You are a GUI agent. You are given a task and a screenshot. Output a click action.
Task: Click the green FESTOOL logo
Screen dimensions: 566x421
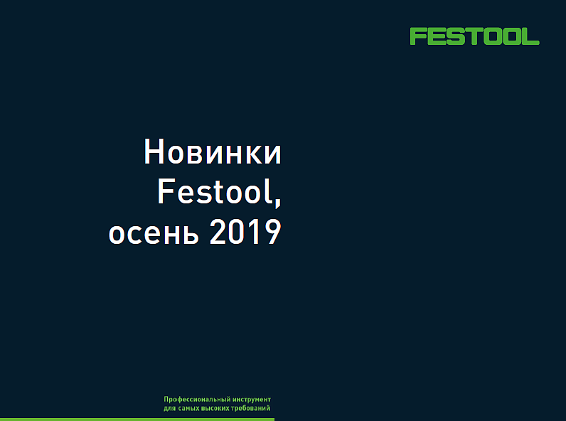474,36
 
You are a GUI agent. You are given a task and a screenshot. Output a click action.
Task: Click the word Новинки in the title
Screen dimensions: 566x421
213,152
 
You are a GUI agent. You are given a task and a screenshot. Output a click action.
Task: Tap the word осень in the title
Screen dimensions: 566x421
154,233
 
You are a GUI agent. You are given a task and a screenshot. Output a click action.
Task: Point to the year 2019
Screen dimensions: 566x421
245,232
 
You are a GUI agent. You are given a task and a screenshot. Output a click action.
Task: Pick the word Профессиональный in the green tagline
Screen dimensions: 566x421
197,400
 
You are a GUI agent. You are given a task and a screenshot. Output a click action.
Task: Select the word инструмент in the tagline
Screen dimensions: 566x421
252,400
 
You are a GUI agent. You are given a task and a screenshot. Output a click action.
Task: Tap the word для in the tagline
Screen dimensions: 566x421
170,408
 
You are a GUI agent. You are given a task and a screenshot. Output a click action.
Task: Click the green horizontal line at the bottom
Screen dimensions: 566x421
137,420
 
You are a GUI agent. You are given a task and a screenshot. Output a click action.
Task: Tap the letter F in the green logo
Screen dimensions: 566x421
417,36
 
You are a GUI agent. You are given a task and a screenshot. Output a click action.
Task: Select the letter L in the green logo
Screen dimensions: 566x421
530,36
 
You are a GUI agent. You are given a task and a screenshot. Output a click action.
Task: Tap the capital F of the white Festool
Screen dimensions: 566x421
166,191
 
